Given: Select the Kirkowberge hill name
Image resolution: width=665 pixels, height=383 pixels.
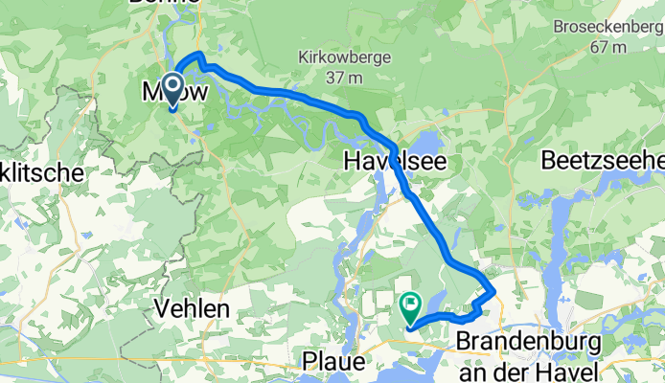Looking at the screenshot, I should [x=342, y=56].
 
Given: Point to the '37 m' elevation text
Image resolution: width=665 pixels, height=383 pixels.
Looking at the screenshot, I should [x=342, y=76].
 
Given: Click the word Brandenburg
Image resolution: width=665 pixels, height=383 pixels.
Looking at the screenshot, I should [x=529, y=342].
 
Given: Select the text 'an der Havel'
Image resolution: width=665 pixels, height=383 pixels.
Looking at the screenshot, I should [x=529, y=368].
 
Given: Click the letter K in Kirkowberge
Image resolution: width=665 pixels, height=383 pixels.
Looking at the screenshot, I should [x=304, y=56].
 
